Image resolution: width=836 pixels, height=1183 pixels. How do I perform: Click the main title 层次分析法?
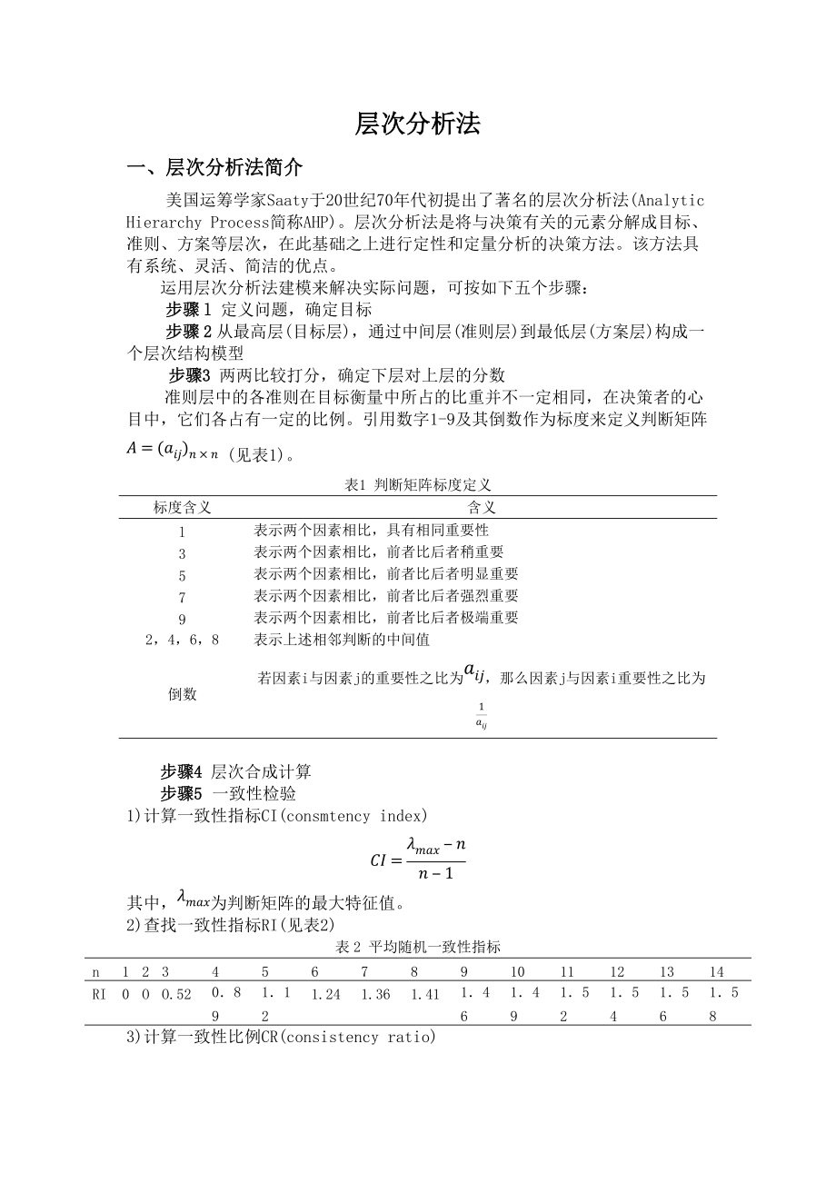pos(417,124)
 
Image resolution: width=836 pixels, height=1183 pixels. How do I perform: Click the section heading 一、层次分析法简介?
pos(214,168)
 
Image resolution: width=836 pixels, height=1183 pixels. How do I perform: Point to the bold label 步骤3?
pos(189,375)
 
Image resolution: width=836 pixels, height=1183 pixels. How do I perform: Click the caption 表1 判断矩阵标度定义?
pos(418,485)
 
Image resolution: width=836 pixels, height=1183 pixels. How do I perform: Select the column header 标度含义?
pos(182,508)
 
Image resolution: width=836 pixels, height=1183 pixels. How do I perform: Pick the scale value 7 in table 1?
pos(182,596)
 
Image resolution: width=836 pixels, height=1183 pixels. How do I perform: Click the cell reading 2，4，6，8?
pos(182,640)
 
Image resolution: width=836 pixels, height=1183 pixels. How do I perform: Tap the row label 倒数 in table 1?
pos(182,694)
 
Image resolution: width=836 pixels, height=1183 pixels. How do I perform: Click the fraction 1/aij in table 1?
pos(481,715)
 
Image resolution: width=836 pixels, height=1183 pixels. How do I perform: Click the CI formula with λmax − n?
pos(418,859)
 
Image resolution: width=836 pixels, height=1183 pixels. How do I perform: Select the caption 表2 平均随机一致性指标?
pos(418,947)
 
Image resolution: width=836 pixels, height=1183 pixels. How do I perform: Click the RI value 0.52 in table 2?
pos(176,994)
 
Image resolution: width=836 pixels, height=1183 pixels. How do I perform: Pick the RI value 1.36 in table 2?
pos(375,994)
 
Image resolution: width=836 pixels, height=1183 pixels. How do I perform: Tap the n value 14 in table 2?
pos(717,972)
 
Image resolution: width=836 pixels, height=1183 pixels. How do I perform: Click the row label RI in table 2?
pos(99,994)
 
